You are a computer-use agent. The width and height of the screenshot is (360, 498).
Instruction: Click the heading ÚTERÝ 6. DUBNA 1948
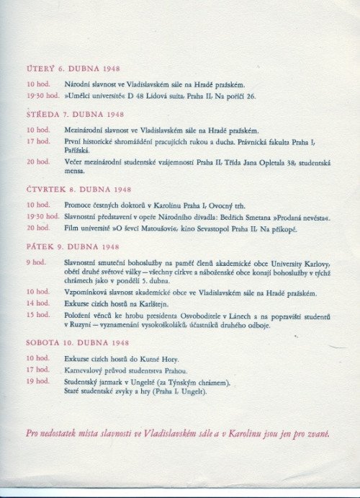coord(72,69)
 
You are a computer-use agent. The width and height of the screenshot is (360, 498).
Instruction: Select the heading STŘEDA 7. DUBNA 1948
coord(75,115)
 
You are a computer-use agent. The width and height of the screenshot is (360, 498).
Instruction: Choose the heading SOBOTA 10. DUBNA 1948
coord(78,342)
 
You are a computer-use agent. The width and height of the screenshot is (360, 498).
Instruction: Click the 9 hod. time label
coord(35,262)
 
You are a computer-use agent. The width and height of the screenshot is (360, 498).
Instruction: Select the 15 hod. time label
coord(38,315)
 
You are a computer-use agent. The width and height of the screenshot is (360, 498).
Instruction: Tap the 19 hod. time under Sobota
coord(38,381)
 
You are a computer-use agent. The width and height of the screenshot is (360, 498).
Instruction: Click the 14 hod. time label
coord(38,304)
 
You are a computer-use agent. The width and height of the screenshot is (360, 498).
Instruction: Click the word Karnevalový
coord(85,370)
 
